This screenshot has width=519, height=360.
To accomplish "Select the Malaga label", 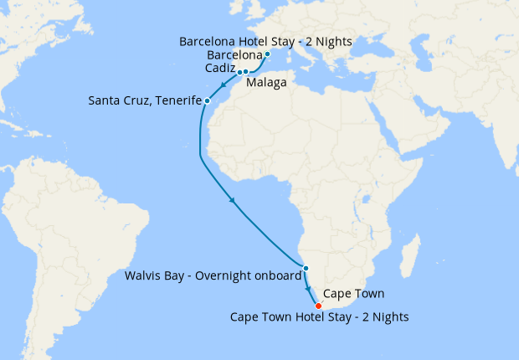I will click(x=266, y=83).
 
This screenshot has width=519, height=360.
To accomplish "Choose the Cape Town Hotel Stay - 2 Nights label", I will click(x=320, y=316).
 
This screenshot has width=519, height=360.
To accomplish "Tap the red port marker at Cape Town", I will click(x=318, y=305).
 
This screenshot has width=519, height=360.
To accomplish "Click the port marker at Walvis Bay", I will click(x=306, y=268).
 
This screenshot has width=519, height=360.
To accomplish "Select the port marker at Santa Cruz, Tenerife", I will click(x=207, y=101).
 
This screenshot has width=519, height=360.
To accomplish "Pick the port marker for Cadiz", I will click(x=239, y=72).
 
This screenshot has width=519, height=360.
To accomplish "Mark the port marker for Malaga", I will click(x=246, y=72).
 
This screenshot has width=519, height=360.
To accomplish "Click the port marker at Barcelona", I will click(x=267, y=55).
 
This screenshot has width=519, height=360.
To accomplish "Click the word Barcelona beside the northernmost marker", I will click(x=234, y=55).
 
